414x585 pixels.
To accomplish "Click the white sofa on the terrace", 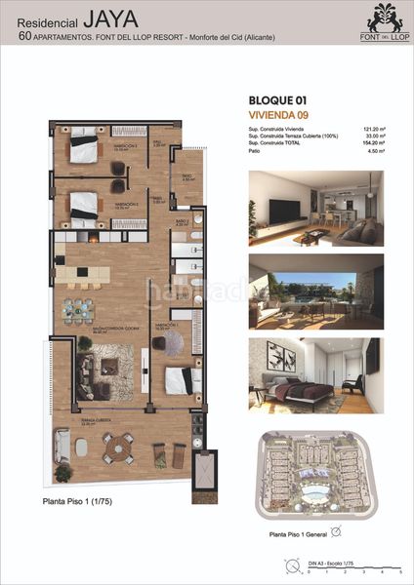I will [x=62, y=448].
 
